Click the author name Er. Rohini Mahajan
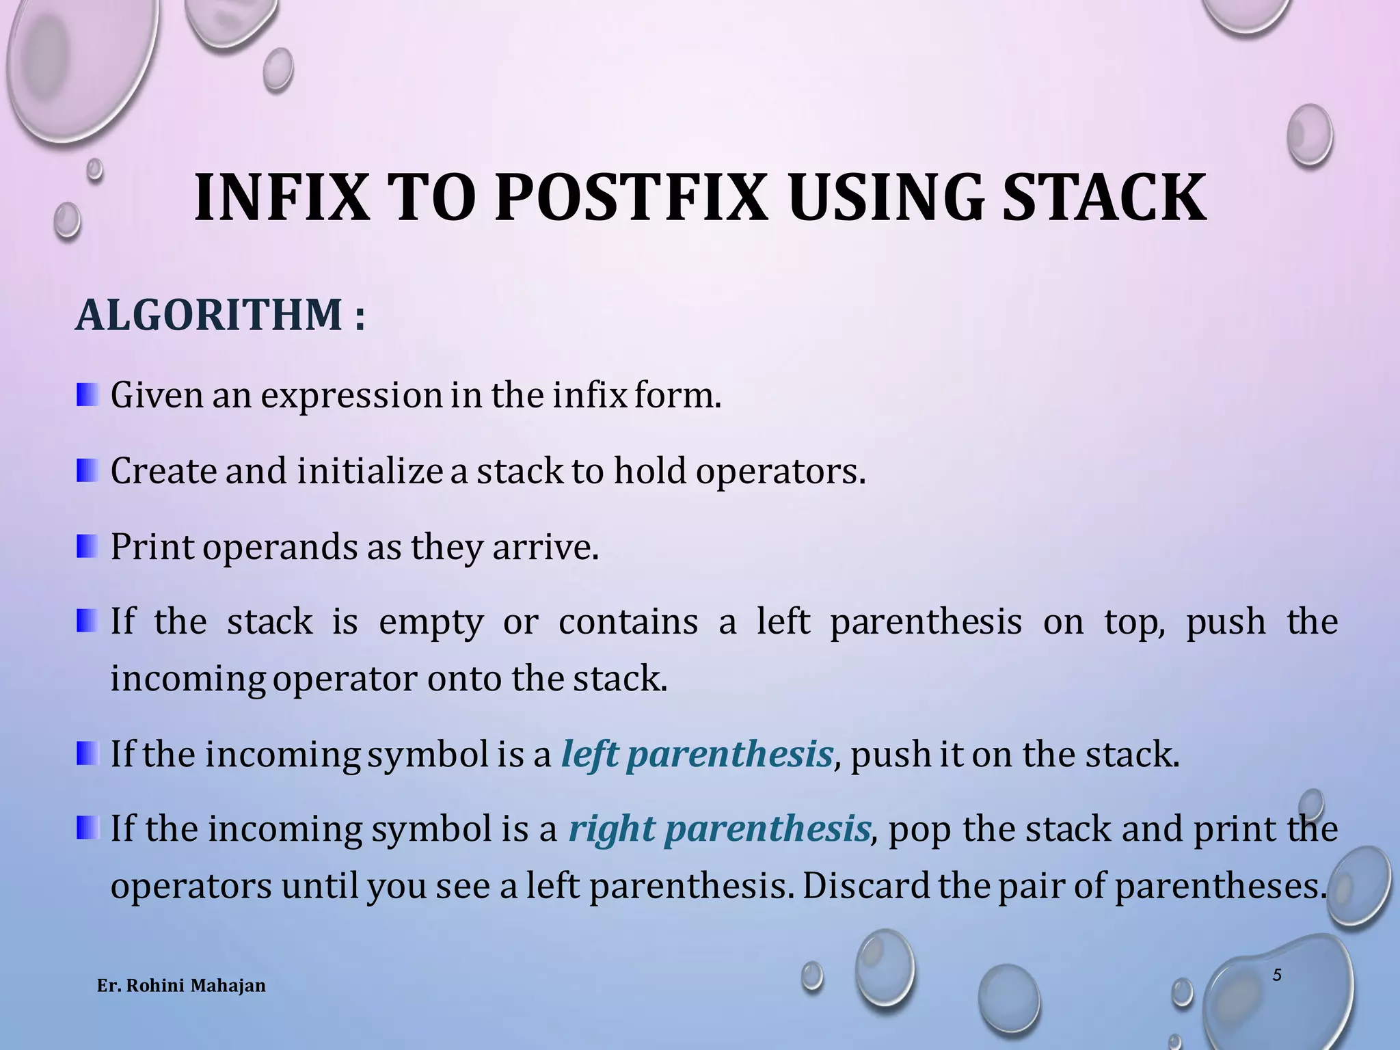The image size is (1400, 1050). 181,986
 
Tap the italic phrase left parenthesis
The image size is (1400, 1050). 697,755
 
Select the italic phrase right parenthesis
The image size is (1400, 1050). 719,829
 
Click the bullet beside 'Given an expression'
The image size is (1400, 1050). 87,395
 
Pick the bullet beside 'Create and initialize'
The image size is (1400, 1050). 87,470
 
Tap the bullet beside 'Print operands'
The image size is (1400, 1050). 87,546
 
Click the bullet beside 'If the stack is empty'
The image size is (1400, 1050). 87,621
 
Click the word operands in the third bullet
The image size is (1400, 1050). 281,548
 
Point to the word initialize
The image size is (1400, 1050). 369,472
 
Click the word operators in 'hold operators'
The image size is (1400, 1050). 780,472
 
